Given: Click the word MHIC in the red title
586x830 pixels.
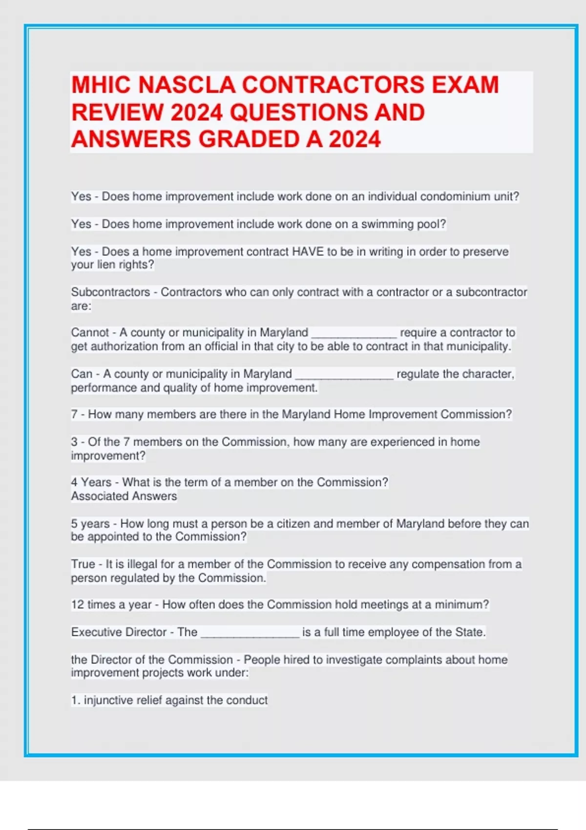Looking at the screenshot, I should click(x=101, y=85).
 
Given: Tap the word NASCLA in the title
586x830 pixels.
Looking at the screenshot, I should click(x=187, y=85).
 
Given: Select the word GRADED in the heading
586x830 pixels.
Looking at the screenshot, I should click(x=249, y=139).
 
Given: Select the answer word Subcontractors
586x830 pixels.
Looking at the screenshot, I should click(x=110, y=292).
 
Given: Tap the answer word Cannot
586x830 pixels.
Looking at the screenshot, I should click(x=90, y=333).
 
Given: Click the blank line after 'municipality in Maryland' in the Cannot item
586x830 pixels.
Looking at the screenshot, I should click(x=354, y=334).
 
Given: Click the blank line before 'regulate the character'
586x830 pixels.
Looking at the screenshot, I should click(x=344, y=375).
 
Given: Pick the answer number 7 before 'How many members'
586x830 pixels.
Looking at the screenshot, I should click(x=74, y=415).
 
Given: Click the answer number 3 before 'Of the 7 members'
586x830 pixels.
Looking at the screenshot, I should click(x=74, y=442).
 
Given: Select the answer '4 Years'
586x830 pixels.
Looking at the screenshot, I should click(x=91, y=482).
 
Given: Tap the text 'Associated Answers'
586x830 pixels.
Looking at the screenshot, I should click(x=124, y=496).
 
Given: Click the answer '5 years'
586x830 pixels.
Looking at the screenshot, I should click(x=90, y=524).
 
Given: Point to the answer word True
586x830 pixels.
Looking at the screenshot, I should click(x=83, y=564).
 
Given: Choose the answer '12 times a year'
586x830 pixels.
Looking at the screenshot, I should click(x=111, y=605).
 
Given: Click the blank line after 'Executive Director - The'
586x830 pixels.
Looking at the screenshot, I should click(x=250, y=634).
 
